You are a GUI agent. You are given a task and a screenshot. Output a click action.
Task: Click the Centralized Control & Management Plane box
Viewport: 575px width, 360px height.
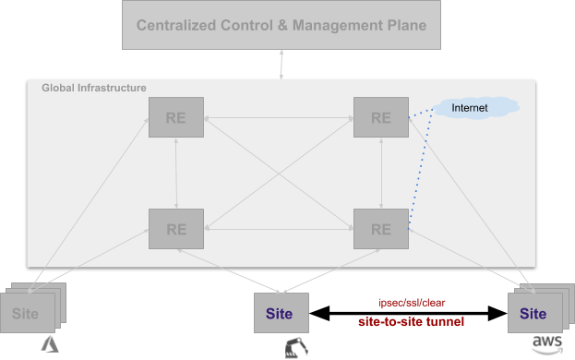click(282, 25)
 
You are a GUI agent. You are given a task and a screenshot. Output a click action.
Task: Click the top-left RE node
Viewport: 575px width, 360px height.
click(176, 118)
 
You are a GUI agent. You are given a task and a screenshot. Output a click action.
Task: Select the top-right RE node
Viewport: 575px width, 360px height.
click(381, 118)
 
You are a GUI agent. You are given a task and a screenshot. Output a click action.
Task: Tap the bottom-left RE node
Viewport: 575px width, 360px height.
click(176, 228)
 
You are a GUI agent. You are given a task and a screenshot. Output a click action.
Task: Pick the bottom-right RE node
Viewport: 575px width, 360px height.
click(381, 228)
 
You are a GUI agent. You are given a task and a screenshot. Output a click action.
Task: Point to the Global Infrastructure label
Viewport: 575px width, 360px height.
click(94, 88)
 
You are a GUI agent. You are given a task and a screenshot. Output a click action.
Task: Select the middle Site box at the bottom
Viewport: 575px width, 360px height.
click(279, 313)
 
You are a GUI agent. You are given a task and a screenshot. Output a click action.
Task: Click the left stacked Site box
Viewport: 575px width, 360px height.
click(26, 314)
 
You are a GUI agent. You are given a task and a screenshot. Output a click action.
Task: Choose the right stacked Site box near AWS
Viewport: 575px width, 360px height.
click(533, 314)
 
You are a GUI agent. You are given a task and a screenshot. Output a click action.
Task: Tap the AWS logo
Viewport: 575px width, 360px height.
click(545, 344)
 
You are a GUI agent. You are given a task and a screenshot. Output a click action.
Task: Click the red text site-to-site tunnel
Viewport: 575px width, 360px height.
click(412, 322)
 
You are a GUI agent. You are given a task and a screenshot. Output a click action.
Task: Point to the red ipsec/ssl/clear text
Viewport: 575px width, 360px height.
click(412, 302)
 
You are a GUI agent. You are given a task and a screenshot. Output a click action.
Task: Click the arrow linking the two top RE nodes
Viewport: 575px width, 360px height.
click(279, 118)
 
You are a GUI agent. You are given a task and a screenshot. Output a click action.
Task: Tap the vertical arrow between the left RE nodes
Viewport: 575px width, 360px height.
click(176, 174)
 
